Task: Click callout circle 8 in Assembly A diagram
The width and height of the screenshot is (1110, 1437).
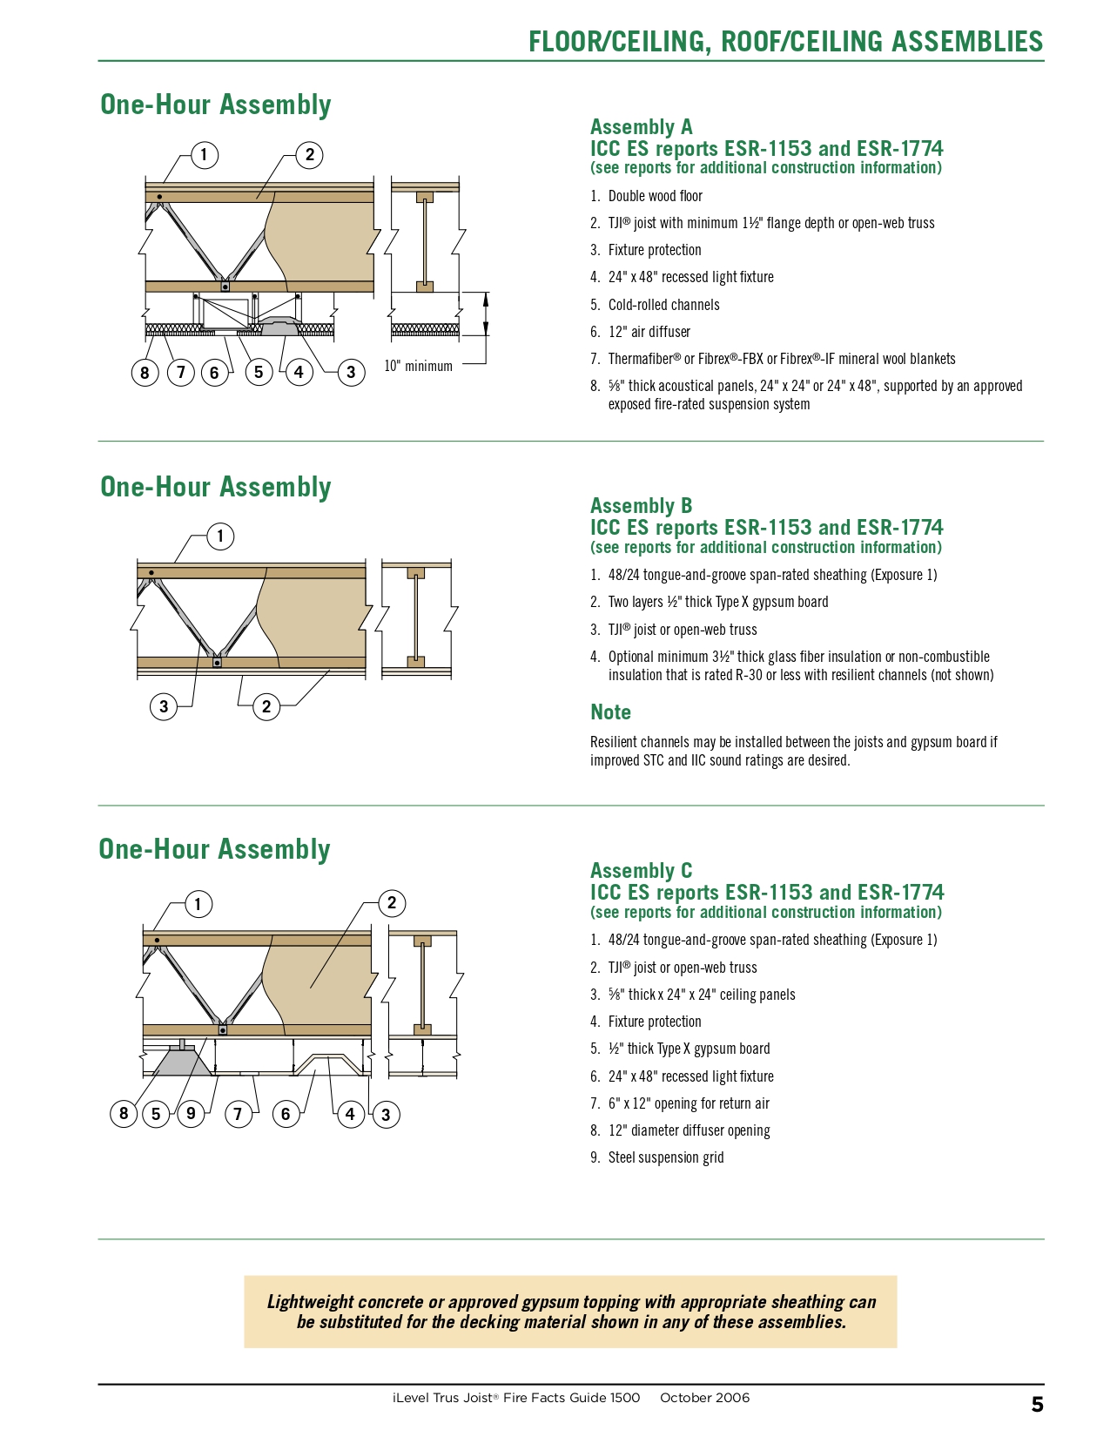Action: click(145, 373)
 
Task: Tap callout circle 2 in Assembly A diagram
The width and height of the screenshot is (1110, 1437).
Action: click(309, 156)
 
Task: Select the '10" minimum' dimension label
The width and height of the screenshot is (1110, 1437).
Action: click(418, 366)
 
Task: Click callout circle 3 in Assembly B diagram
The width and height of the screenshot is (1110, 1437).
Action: click(164, 706)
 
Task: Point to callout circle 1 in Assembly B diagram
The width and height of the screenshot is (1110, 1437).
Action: click(220, 536)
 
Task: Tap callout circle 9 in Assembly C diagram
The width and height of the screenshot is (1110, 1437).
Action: click(191, 1112)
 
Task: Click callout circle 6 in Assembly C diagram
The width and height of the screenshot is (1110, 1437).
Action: click(286, 1113)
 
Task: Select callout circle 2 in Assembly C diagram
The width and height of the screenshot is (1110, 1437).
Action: click(392, 903)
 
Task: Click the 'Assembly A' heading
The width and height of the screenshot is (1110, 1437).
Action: click(641, 127)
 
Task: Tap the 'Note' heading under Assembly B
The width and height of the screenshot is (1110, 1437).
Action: click(610, 712)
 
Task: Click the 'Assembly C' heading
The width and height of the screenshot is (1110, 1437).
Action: click(641, 871)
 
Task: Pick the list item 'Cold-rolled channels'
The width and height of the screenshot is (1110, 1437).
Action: click(663, 305)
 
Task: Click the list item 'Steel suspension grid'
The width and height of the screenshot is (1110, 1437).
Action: click(665, 1157)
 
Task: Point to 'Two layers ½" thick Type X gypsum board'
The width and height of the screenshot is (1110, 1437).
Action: click(717, 602)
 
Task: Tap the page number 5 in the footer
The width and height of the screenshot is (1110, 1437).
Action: click(1037, 1404)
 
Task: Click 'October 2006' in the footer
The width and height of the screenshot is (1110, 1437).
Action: click(704, 1398)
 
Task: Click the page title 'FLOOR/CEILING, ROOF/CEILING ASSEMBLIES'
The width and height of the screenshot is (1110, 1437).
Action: click(785, 42)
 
